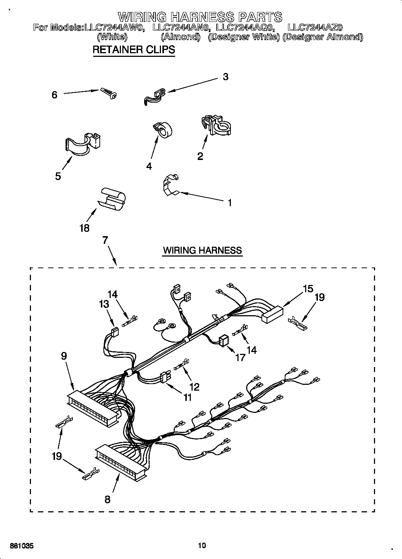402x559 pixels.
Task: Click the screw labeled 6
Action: [x=108, y=93]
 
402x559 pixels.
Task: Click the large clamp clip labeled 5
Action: [x=83, y=145]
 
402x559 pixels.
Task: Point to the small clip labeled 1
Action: [x=169, y=185]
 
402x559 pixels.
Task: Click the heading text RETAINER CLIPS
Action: [x=134, y=50]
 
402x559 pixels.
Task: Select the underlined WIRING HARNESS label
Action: [x=202, y=250]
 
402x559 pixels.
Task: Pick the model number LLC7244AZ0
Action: [x=315, y=27]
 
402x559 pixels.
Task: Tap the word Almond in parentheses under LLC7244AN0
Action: [x=181, y=36]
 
